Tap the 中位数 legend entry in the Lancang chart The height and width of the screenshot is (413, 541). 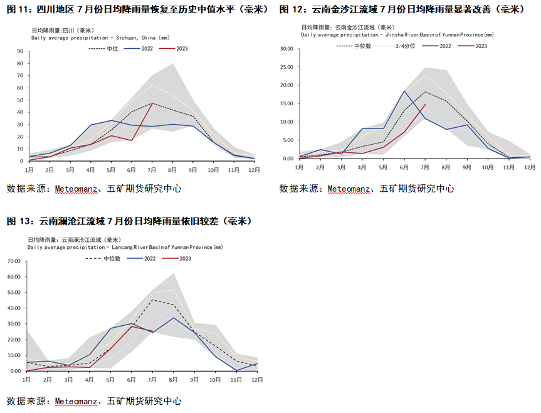[x=112, y=258]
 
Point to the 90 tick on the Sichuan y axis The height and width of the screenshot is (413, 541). [x=20, y=51]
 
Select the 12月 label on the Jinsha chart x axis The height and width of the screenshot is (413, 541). [x=530, y=167]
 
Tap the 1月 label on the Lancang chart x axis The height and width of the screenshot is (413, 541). [x=28, y=379]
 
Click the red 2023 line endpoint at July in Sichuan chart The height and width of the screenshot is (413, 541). [x=152, y=103]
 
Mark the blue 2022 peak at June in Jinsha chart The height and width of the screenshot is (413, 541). [x=404, y=91]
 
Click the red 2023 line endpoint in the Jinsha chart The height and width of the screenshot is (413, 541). [x=425, y=105]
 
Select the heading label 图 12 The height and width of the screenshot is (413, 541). [x=292, y=9]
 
